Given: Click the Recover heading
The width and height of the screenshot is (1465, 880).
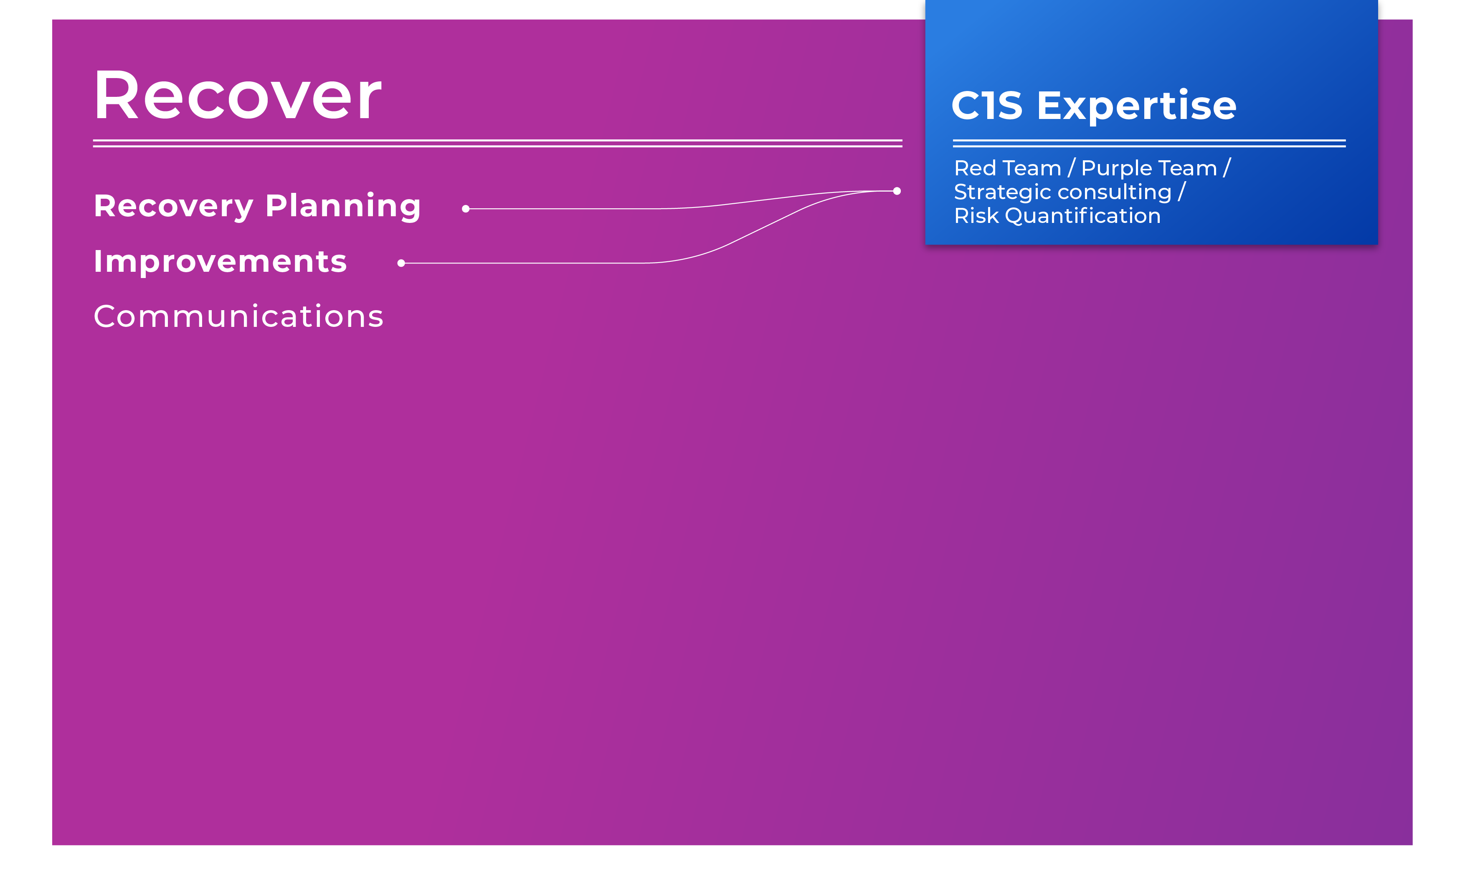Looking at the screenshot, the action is coord(237,95).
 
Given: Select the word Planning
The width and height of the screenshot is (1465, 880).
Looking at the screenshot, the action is coord(343,206).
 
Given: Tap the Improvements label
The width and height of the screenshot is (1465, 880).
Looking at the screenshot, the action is coord(220,261).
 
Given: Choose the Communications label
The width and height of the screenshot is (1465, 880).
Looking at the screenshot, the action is coord(238,316).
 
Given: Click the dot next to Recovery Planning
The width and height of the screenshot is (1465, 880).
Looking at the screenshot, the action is coord(466,209).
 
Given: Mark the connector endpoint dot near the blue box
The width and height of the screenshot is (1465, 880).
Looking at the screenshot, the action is coord(897,191).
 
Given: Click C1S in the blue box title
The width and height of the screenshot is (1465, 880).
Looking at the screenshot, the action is coord(987,106).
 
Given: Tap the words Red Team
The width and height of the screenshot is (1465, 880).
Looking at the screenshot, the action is coord(1008,168).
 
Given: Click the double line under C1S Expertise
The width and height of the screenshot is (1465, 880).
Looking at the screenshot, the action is coord(1149,143).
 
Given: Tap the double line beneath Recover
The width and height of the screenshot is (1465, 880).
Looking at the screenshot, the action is coord(498,143).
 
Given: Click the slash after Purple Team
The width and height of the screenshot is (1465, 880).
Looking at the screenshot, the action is coord(1227,168).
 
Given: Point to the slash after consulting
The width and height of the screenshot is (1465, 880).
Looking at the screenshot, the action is coord(1181,192).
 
